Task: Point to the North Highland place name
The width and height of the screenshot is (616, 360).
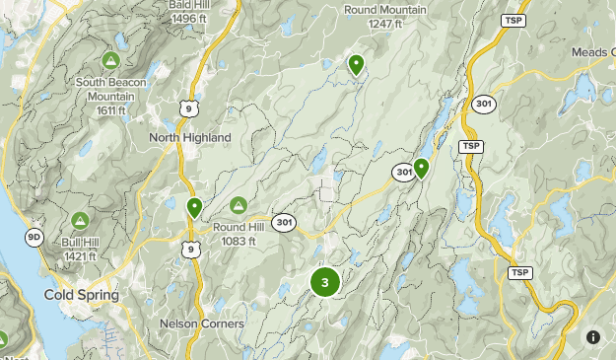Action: point(190,137)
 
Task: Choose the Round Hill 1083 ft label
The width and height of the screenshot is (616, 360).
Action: point(238,233)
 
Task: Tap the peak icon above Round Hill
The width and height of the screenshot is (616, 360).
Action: point(238,205)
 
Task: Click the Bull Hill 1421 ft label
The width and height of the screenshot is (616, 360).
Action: point(78,249)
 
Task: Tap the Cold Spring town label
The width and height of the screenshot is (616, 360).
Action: point(82,295)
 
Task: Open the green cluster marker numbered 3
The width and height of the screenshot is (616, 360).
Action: point(324,283)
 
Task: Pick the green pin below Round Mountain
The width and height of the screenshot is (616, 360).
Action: point(356,65)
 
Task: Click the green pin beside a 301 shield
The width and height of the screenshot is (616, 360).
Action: point(421,168)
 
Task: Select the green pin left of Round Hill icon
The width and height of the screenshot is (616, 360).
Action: point(194,207)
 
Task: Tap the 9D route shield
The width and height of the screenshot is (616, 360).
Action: point(34,237)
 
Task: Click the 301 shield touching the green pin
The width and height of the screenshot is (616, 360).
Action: point(401,173)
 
